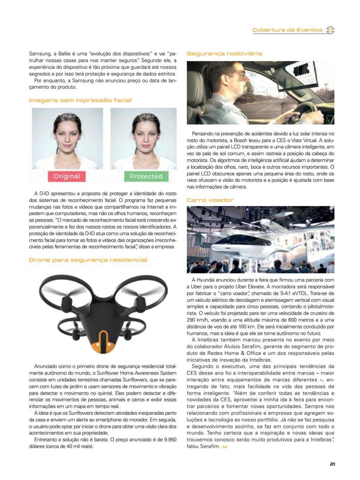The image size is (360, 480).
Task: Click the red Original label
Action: coord(67,176)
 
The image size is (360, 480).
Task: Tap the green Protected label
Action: coord(146,176)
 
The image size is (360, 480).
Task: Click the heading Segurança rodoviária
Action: coord(224,53)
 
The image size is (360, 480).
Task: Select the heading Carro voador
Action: coord(210,200)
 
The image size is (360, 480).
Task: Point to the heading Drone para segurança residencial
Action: coord(88,260)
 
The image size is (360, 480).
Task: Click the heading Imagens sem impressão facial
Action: coord(80,100)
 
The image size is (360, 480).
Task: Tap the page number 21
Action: coord(332,463)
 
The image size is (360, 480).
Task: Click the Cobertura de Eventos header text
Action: coord(288,30)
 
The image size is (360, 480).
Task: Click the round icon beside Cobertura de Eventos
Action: coord(330,30)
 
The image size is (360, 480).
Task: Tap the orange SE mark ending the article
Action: coord(225,447)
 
